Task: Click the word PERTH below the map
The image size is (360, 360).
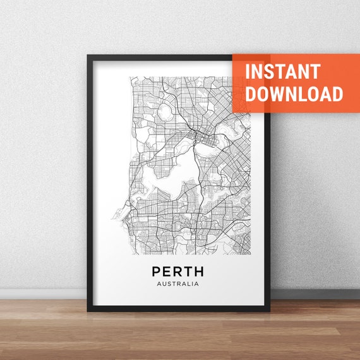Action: point(177,272)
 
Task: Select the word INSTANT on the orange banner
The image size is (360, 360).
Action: point(282,71)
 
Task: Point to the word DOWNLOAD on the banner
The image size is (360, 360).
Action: point(294,93)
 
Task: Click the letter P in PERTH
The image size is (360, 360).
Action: point(157,272)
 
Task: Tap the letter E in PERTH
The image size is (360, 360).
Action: point(167,272)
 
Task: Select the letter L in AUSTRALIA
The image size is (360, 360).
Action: point(188,284)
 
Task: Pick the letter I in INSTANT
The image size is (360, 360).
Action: point(248,71)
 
